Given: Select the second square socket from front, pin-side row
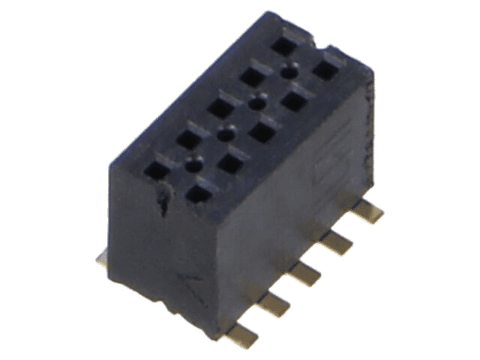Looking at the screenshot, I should pyautogui.click(x=230, y=162).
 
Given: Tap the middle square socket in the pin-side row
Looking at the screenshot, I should pyautogui.click(x=262, y=131).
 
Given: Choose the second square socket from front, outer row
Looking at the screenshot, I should pyautogui.click(x=188, y=138).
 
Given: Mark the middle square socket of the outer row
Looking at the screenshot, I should pyautogui.click(x=219, y=106).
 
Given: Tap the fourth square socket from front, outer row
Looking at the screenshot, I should pyautogui.click(x=252, y=76).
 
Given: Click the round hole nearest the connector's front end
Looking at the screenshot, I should pyautogui.click(x=193, y=164).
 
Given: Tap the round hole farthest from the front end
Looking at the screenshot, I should pyautogui.click(x=289, y=72).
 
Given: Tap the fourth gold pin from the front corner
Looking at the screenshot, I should pyautogui.click(x=340, y=241).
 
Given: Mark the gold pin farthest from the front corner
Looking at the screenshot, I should pyautogui.click(x=370, y=211).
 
